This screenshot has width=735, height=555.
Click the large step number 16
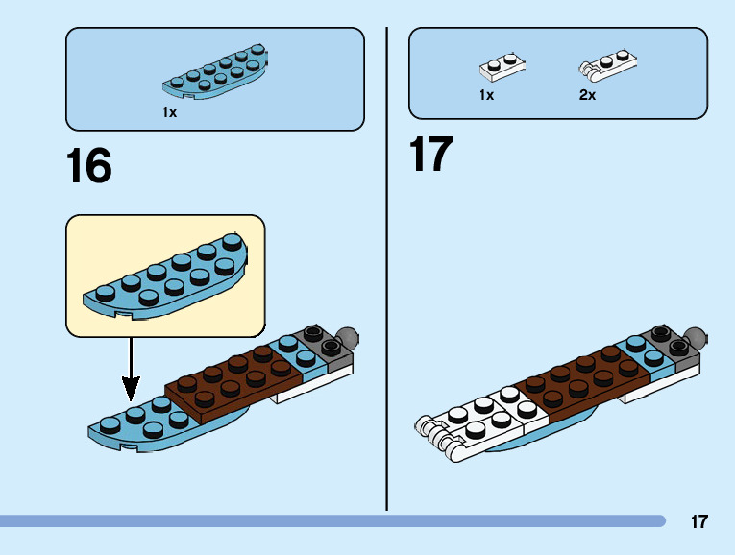pos(88,165)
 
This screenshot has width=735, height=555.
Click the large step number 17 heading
pos(430,155)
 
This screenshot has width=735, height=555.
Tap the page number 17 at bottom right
pos(698,522)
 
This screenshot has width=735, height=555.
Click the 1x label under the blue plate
pos(169,112)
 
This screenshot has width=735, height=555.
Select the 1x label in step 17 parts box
pos(486,95)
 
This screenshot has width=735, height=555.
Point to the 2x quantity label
pos(587,95)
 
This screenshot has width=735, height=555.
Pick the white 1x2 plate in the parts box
pos(503,67)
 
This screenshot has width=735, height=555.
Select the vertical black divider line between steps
pos(386,269)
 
